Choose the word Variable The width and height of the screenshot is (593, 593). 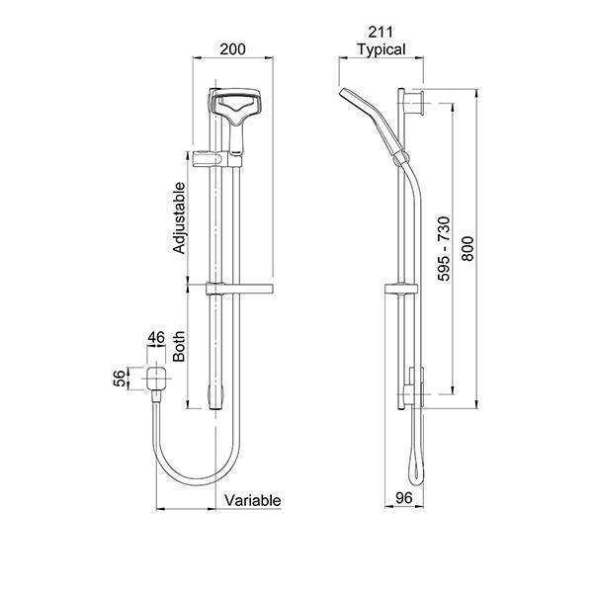click(x=253, y=501)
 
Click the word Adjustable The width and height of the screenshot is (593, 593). click(x=180, y=217)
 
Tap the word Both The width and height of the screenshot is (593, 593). click(x=180, y=346)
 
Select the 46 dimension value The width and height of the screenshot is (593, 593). click(x=156, y=339)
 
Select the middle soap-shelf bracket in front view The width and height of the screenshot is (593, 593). click(x=237, y=289)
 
